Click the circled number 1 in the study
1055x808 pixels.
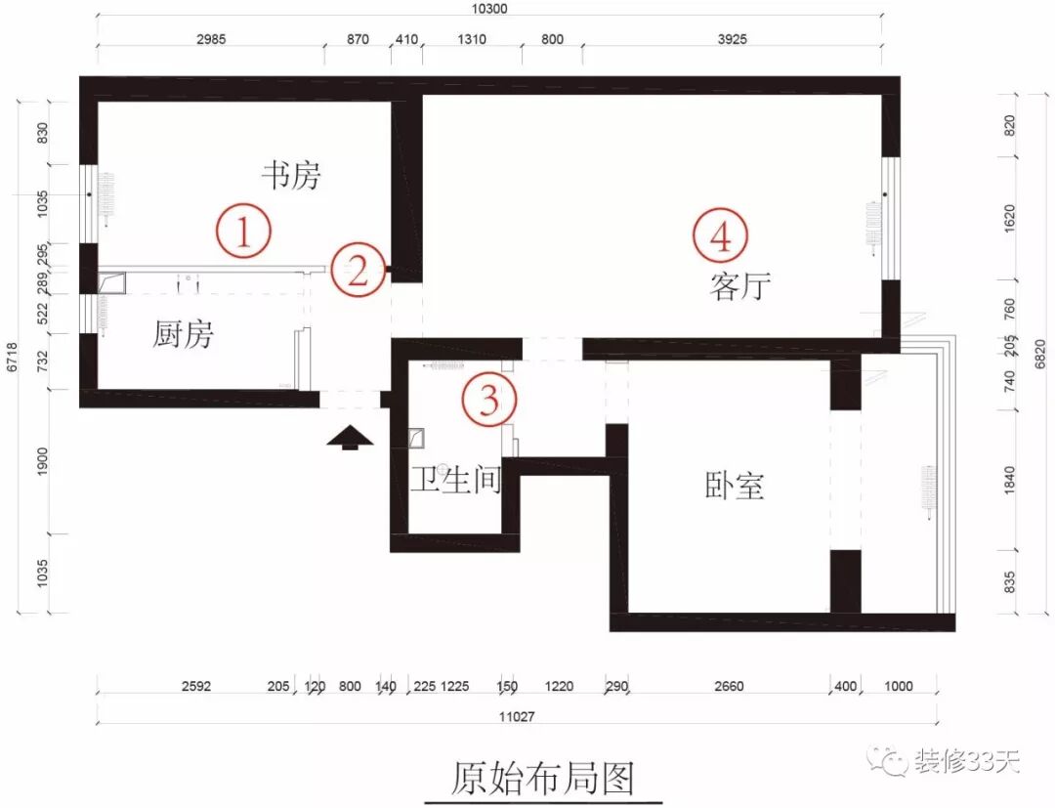coord(243,232)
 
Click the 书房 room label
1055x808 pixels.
coord(290,176)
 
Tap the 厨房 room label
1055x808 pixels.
coord(183,335)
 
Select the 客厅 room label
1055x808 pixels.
coord(741,287)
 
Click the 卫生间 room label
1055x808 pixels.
coord(455,481)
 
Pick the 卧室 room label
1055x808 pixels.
coord(734,486)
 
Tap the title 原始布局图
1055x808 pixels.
coord(543,778)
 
